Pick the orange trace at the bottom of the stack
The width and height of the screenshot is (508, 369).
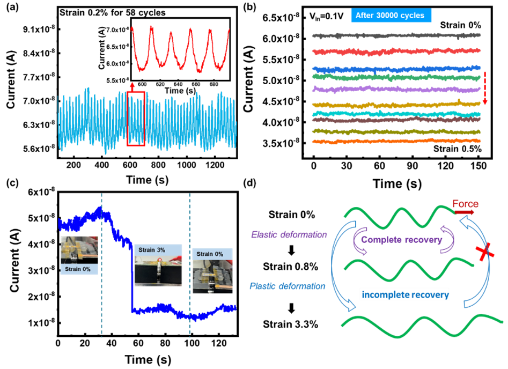(395, 142)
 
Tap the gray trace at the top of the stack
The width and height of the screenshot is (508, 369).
(395, 35)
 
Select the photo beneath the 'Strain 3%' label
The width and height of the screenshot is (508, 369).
(158, 271)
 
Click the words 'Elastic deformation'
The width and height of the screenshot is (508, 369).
(288, 234)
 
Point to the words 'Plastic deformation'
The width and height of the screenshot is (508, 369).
(287, 286)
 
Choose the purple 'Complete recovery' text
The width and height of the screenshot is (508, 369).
(402, 240)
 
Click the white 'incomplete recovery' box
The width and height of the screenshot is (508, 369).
(404, 294)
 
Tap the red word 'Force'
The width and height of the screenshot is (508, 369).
(465, 204)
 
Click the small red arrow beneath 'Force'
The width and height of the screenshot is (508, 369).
(465, 213)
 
